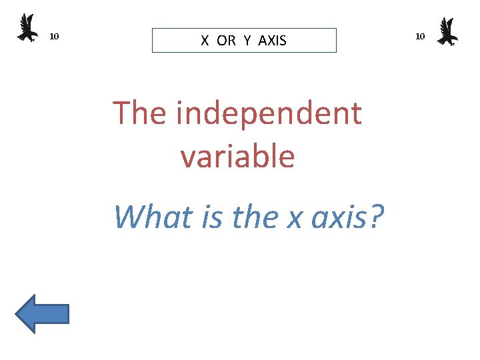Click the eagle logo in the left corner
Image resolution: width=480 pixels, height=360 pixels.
tap(27, 28)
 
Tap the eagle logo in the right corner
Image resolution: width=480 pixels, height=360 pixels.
tap(447, 31)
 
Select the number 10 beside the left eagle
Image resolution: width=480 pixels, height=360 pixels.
tap(55, 36)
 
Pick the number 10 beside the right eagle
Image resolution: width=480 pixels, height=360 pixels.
tap(420, 36)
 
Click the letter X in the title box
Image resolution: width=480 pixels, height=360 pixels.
tap(205, 41)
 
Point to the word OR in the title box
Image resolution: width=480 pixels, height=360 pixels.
tap(226, 41)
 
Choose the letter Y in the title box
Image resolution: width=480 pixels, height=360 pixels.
tap(247, 41)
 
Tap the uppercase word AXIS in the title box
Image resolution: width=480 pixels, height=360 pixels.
tap(272, 41)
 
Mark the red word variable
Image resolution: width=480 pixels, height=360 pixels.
tap(237, 156)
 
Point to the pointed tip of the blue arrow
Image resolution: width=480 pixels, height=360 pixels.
tap(17, 313)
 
